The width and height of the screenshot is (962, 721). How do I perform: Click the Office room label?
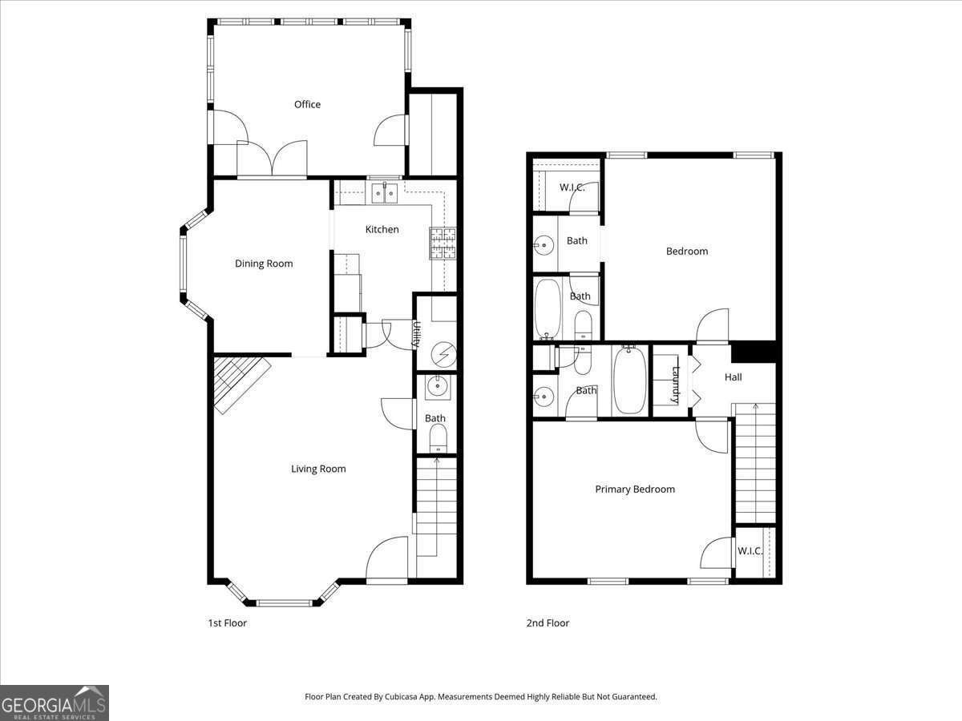[x=307, y=104]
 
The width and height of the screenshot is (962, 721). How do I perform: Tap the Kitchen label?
[x=382, y=229]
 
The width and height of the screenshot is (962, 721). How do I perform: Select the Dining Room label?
[x=264, y=264]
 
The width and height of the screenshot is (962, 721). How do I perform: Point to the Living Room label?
[x=318, y=469]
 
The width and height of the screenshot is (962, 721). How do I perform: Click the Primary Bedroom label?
[x=635, y=489]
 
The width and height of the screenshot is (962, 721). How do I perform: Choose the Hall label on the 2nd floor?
[x=733, y=377]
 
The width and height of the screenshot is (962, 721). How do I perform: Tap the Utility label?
[x=417, y=334]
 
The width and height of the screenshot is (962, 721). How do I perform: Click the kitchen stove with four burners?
[x=443, y=244]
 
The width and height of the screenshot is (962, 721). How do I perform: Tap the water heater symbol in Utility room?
[x=442, y=352]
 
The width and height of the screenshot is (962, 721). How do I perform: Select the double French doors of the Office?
[x=273, y=159]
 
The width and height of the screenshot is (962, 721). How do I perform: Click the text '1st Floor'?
[x=227, y=622]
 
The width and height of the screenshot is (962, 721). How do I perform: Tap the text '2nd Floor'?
[x=547, y=622]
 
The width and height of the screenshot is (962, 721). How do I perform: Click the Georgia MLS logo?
[x=55, y=703]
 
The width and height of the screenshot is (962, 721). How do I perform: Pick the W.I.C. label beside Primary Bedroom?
[x=750, y=551]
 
